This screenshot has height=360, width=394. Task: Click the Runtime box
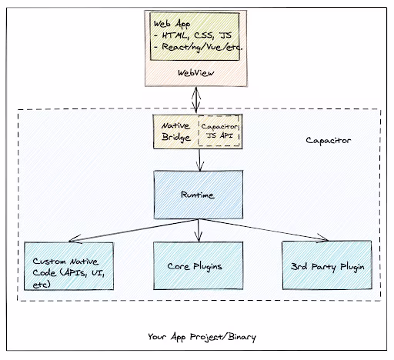click(199, 195)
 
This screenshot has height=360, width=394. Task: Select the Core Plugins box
click(199, 265)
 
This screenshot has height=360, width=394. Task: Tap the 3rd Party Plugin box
click(327, 265)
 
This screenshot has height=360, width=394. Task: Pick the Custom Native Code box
click(68, 266)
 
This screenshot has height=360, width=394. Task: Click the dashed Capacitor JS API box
click(219, 131)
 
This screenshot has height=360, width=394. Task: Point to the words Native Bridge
click(176, 132)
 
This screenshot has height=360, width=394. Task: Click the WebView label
click(196, 73)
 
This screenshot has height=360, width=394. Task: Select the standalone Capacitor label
click(329, 141)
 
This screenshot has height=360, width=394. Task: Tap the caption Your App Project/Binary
click(202, 337)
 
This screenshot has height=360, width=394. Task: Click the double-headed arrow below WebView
click(196, 100)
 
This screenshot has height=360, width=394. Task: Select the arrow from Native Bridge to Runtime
click(200, 160)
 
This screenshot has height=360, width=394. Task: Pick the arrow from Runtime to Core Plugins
click(199, 230)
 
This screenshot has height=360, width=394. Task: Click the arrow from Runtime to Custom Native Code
click(133, 230)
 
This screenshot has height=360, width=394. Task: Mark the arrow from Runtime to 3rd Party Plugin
click(263, 230)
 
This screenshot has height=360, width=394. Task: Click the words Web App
click(172, 24)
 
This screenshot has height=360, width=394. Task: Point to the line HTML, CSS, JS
click(193, 35)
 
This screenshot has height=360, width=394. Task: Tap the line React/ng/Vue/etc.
click(199, 47)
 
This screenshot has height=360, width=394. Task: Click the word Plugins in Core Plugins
click(208, 267)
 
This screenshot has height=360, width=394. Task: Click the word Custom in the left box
click(49, 262)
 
